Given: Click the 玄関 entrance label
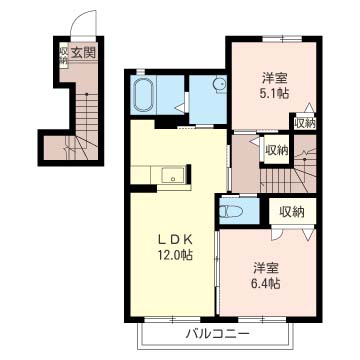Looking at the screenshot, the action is [x=83, y=52].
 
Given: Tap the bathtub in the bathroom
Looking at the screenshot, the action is [x=143, y=95].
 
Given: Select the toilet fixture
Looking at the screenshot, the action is [x=232, y=211].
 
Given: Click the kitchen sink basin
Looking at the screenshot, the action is [x=173, y=174].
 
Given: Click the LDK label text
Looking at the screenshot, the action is [x=174, y=239].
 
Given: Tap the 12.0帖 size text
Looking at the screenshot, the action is [x=174, y=255].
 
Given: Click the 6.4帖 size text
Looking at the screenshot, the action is [x=266, y=284].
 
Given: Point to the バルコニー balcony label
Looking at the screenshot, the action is [x=217, y=334].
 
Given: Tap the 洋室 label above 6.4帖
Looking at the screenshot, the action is [x=266, y=268].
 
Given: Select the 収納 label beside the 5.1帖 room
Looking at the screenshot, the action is [x=305, y=124].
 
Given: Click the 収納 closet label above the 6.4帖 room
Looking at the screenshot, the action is [x=292, y=212].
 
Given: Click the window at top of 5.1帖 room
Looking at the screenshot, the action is [x=282, y=39].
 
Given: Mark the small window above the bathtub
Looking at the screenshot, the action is [x=141, y=71].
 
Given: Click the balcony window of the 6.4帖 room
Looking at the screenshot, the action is [x=262, y=320].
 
